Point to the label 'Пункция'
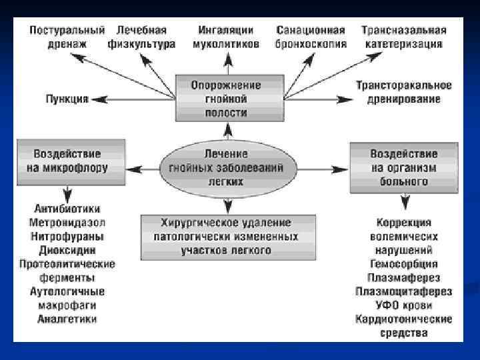point(67,99)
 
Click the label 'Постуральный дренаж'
point(67,37)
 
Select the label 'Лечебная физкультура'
point(141,37)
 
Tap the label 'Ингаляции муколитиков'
point(226,37)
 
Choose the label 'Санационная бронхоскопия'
point(311,37)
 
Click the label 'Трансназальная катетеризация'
point(404,37)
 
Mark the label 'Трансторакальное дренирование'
point(404,92)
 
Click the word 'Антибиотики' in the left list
point(67,209)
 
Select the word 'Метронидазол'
point(67,221)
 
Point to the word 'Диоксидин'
point(67,250)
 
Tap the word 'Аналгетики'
point(67,319)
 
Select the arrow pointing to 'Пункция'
point(100,99)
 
